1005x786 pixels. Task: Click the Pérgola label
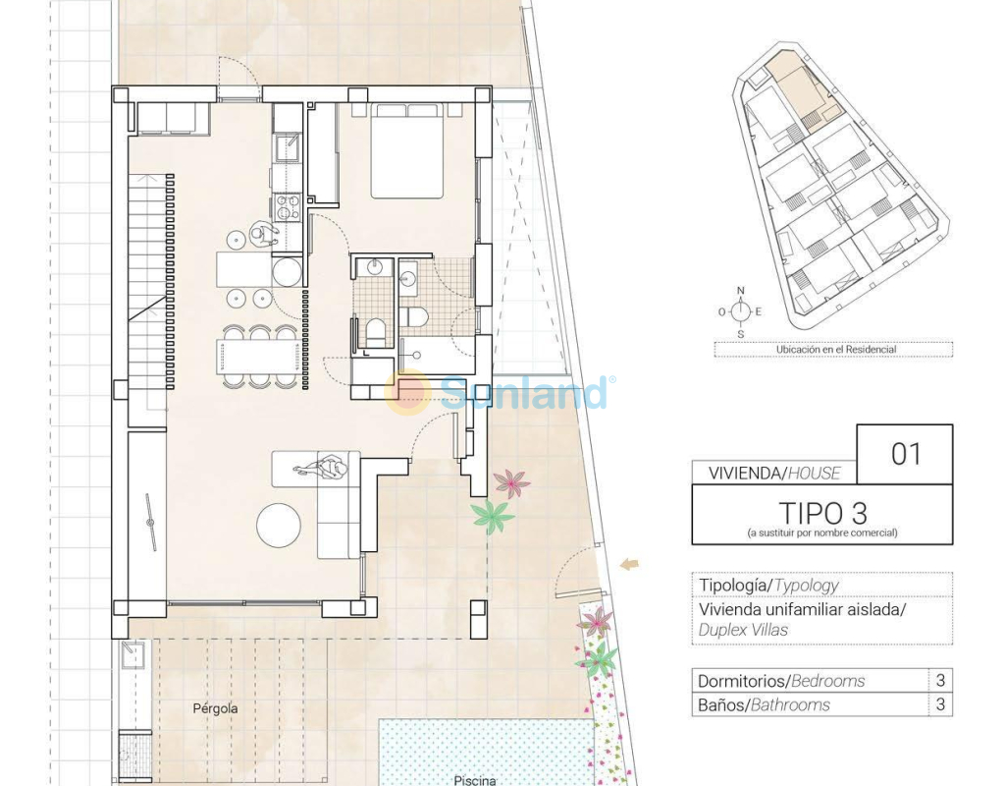(x=215, y=708)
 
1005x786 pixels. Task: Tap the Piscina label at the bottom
(x=475, y=780)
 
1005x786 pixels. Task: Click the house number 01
(x=906, y=454)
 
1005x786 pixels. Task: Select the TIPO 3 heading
(x=823, y=513)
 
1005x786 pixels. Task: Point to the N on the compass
(x=741, y=291)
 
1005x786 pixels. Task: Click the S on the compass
(x=741, y=334)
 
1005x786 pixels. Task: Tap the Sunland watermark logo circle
(x=407, y=392)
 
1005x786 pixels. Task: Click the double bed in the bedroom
(x=407, y=150)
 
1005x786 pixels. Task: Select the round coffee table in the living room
(x=279, y=525)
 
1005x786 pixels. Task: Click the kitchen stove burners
(x=287, y=207)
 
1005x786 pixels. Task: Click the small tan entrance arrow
(x=630, y=564)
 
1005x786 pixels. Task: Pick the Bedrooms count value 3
(x=940, y=680)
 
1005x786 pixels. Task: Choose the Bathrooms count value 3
(x=940, y=704)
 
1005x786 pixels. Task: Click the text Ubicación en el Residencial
(x=836, y=350)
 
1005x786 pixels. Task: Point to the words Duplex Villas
(x=743, y=630)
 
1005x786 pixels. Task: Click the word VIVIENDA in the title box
(x=744, y=474)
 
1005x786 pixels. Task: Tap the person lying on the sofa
(x=324, y=468)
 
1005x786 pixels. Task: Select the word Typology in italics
(x=807, y=586)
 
